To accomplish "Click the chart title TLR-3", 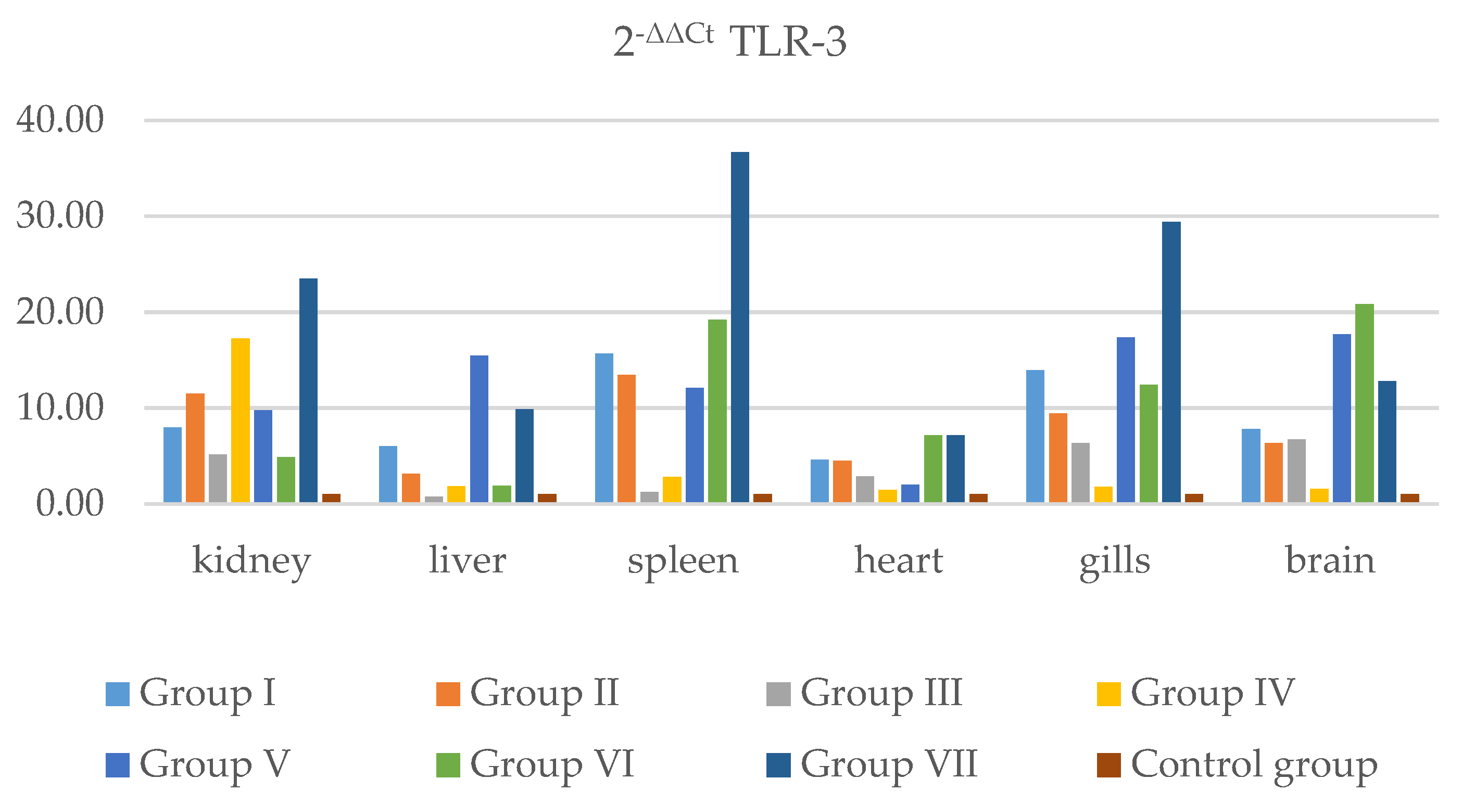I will [729, 41].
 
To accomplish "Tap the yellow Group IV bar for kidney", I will [241, 420].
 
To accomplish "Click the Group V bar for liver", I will [480, 429].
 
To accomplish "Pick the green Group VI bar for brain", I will [1365, 403].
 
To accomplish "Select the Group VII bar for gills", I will [1171, 362].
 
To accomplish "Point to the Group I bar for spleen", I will [604, 428].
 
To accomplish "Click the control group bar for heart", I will [979, 498].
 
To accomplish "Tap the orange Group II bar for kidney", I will [195, 448].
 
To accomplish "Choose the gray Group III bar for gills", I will [1080, 473].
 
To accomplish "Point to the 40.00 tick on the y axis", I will [60, 120].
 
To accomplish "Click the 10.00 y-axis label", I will [60, 408].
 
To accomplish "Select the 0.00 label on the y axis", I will [70, 504].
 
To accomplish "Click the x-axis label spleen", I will [683, 561].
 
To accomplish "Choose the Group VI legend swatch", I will [448, 765].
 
